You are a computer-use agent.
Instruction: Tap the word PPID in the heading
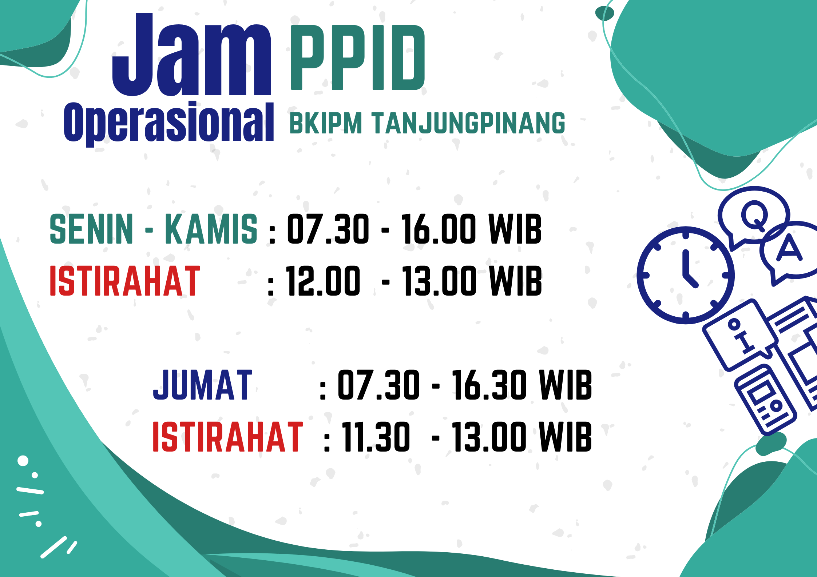point(358,57)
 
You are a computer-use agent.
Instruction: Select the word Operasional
point(169,123)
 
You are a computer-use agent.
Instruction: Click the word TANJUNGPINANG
point(469,123)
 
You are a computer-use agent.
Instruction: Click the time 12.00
point(323,281)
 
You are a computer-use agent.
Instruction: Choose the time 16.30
point(489,385)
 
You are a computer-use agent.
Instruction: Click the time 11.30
point(376,437)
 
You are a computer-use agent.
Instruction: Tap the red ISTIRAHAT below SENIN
point(125,281)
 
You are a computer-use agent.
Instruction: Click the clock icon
point(686,275)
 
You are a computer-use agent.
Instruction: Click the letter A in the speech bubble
point(789,248)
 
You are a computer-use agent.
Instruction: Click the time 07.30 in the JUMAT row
point(378,385)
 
